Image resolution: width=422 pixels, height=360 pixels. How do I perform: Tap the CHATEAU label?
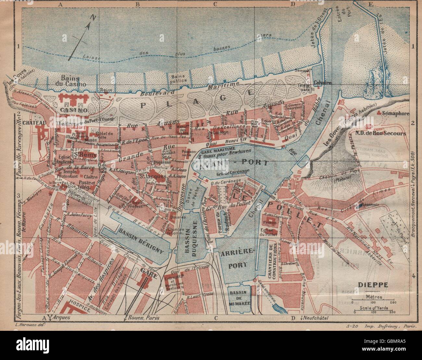pyautogui.click(x=34, y=122)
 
